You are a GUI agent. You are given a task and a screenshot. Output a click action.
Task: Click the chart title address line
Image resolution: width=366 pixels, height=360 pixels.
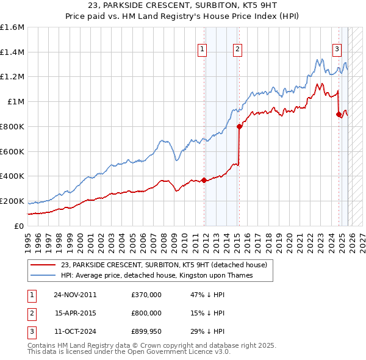click(182, 6)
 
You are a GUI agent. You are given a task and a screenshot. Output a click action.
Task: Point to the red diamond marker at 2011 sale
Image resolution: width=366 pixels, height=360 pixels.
click(204, 179)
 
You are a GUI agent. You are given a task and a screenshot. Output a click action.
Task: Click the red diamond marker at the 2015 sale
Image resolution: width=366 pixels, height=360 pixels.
click(239, 126)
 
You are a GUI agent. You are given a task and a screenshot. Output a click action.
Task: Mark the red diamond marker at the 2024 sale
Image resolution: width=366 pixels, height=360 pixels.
click(339, 114)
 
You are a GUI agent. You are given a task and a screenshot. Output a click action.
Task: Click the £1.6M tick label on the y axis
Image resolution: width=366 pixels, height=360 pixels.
click(12, 27)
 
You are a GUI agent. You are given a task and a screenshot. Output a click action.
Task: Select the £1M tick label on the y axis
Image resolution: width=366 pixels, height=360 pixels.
click(15, 101)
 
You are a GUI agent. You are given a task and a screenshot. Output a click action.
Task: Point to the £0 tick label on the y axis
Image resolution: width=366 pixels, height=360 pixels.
click(19, 226)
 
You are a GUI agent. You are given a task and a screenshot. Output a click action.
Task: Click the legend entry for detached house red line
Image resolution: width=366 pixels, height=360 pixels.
click(163, 265)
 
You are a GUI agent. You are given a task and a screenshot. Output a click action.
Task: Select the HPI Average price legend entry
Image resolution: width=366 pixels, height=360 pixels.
click(157, 276)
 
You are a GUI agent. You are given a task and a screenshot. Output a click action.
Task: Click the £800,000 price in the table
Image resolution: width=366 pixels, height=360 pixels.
click(146, 312)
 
